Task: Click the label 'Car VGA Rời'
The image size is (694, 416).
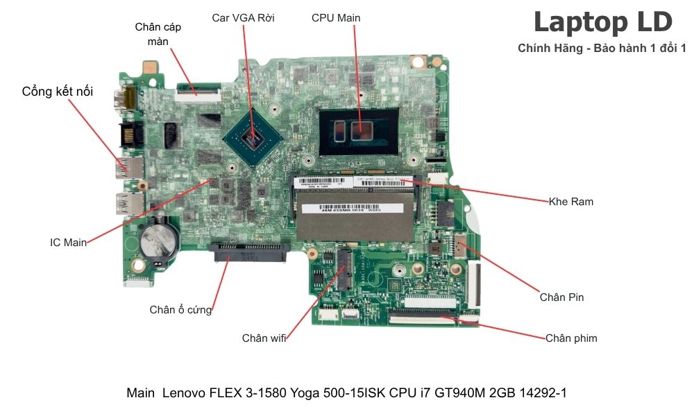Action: [243, 18]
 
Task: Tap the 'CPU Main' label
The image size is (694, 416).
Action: [336, 18]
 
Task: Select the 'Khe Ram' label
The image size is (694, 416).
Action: [570, 202]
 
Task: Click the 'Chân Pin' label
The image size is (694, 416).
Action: [561, 297]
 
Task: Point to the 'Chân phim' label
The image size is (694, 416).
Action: [570, 338]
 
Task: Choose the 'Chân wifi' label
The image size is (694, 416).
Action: [264, 338]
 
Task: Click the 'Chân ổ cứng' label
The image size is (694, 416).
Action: [180, 310]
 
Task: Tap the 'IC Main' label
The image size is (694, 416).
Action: [69, 243]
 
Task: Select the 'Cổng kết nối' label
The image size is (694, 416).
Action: [58, 92]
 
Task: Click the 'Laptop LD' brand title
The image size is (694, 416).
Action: [602, 22]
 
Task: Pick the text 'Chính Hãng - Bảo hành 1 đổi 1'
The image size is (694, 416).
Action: [602, 48]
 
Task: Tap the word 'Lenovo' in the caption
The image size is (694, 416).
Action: [184, 393]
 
